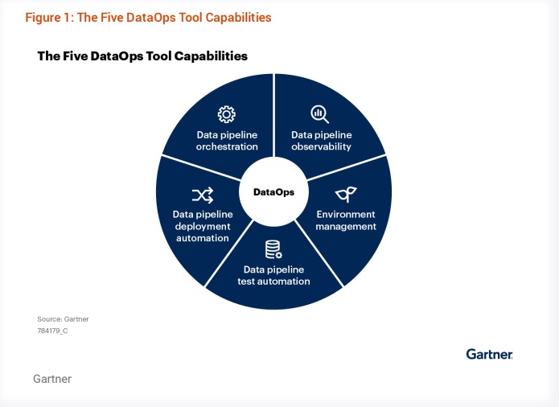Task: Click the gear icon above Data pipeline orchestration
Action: click(x=227, y=114)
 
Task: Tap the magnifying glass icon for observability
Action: click(x=320, y=113)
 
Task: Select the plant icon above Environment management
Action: click(x=346, y=194)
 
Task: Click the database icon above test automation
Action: click(x=273, y=250)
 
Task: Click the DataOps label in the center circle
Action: click(x=273, y=192)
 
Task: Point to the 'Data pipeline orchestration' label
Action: click(x=227, y=141)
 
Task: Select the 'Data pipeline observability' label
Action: click(x=321, y=141)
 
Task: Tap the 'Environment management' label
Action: click(x=346, y=220)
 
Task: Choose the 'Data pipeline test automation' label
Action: click(x=273, y=275)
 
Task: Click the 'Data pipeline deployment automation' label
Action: click(x=202, y=226)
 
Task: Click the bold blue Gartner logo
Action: click(x=489, y=354)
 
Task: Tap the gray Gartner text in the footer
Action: click(x=52, y=379)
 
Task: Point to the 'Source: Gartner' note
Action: click(x=63, y=319)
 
